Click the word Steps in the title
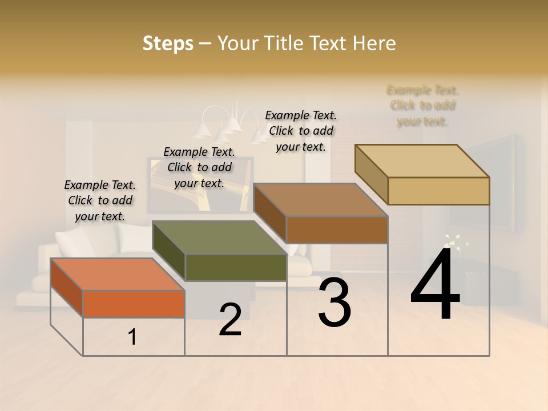(x=168, y=43)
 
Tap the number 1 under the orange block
(x=132, y=337)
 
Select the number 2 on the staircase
(x=230, y=320)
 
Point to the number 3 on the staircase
(x=335, y=303)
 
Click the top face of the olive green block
(x=219, y=237)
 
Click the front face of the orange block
(x=134, y=304)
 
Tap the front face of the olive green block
(x=236, y=267)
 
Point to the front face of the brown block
(x=337, y=229)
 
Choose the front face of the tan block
(x=438, y=191)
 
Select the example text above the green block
(x=199, y=167)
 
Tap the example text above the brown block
(x=301, y=131)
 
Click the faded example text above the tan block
(x=422, y=106)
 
